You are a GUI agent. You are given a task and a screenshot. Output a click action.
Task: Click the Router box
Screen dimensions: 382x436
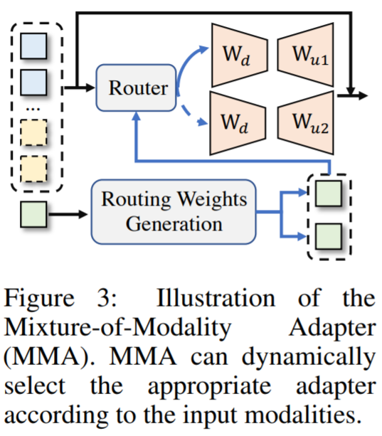coord(136,88)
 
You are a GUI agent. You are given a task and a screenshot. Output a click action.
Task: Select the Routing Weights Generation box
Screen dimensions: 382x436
coord(174,212)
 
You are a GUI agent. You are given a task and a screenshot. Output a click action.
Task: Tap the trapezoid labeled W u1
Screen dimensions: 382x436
coord(306,55)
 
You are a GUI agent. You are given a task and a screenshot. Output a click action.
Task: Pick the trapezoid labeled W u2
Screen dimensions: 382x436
coord(306,122)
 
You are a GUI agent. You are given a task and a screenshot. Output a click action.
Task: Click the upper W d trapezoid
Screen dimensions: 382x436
coord(240,55)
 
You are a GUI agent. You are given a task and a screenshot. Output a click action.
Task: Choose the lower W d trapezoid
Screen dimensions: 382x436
coord(238,123)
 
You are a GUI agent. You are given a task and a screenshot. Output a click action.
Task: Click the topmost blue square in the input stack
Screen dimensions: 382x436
coord(33,46)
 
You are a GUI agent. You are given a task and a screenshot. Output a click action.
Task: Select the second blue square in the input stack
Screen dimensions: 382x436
coord(33,83)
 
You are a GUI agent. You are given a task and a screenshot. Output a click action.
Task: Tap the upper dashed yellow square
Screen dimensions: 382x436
coord(33,132)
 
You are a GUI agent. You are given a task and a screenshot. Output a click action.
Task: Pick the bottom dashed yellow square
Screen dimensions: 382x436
coord(33,169)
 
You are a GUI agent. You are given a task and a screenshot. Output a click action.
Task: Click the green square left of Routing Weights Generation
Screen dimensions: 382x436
coord(33,214)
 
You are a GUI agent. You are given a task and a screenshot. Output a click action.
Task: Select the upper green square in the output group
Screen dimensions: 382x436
coord(329,193)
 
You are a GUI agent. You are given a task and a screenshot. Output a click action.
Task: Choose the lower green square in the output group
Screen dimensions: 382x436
coord(329,237)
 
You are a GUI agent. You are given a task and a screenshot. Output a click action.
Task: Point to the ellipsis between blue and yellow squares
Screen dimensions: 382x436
coord(33,110)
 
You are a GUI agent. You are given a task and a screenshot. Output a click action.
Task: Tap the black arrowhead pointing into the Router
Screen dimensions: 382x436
coord(90,87)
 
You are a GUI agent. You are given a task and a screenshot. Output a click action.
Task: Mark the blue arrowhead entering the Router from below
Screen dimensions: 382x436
coord(136,116)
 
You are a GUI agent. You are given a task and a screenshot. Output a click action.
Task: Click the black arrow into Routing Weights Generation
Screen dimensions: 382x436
coord(68,214)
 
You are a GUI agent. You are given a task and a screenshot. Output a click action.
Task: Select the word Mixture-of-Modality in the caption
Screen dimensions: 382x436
coord(117,328)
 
